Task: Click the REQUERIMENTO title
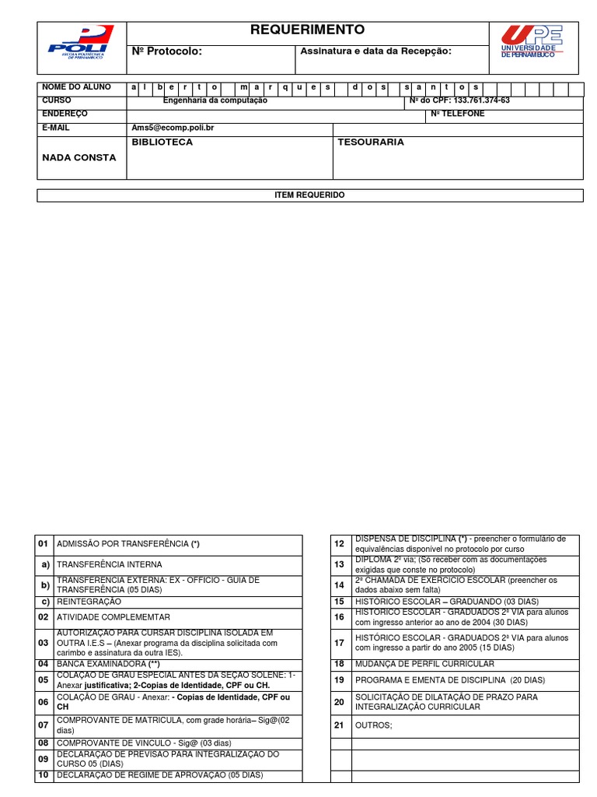(307, 30)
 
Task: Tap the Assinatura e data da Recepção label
(376, 51)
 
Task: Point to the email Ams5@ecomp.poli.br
(173, 128)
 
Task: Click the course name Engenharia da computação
(215, 101)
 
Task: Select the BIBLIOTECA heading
(162, 143)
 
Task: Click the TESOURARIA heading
(371, 143)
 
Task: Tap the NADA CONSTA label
(79, 158)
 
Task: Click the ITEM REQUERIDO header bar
(309, 195)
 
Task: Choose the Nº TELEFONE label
(457, 114)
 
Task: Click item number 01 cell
(44, 544)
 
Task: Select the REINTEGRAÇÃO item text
(89, 602)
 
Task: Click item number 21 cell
(339, 725)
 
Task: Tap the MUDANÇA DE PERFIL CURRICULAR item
(424, 664)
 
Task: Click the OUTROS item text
(374, 725)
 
